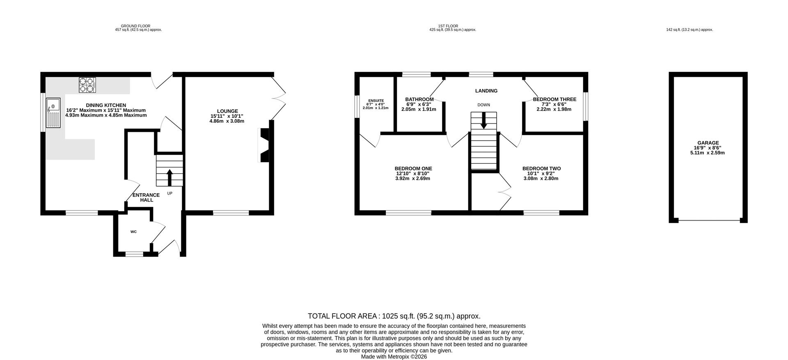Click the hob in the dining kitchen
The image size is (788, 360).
87,85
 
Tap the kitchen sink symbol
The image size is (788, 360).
53,112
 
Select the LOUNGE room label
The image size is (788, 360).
227,111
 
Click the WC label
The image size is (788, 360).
133,232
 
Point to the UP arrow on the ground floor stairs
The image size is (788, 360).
170,177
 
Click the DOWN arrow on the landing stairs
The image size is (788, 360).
484,120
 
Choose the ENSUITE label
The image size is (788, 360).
376,101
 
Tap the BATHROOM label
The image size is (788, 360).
419,99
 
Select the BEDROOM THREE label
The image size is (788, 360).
554,99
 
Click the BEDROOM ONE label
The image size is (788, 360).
413,169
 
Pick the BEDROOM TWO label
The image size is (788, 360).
541,169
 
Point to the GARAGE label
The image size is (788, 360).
708,143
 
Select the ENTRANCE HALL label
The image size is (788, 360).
146,197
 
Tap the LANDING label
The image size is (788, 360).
486,91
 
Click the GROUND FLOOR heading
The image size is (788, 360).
135,26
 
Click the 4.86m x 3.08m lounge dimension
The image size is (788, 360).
227,121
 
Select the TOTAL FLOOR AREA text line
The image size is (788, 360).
394,316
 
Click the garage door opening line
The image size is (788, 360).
709,220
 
